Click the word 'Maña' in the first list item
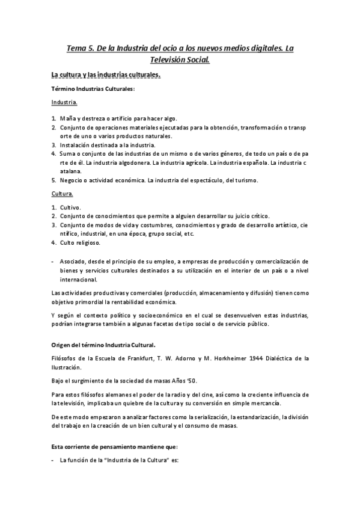67,118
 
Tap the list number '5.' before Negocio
53,180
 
